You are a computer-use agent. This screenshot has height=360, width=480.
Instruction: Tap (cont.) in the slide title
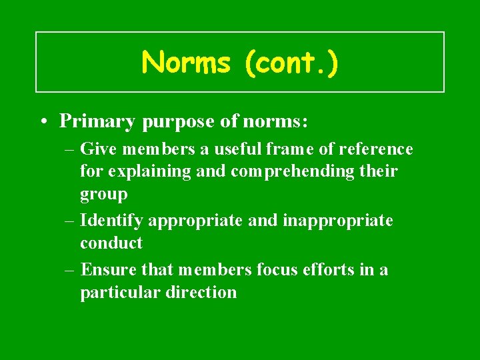click(291, 63)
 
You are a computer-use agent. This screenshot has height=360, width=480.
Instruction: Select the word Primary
click(94, 121)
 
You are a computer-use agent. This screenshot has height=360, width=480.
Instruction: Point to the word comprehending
click(294, 171)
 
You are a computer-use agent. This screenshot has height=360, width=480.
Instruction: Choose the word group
click(103, 194)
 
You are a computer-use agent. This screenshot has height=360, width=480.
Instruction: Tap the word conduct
click(111, 243)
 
